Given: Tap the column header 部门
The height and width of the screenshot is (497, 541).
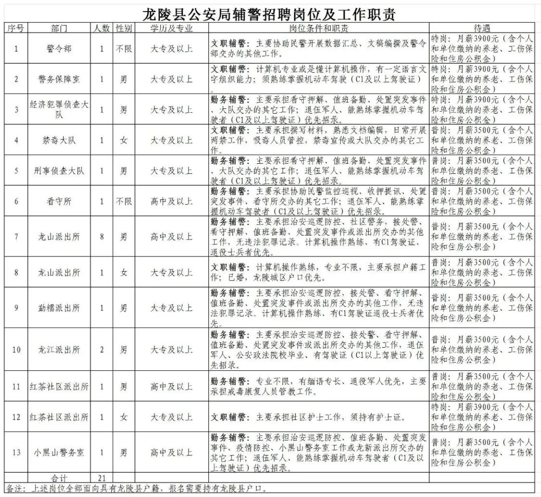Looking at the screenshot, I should (x=59, y=29).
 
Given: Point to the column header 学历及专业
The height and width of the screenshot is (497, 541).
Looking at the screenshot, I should (x=171, y=29).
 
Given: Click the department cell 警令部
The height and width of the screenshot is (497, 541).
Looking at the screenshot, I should (x=59, y=49).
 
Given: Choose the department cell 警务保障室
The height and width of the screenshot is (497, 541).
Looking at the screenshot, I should (x=59, y=79).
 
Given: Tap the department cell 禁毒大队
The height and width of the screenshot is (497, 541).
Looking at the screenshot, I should (x=59, y=140).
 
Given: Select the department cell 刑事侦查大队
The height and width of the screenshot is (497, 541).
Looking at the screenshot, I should (x=59, y=170).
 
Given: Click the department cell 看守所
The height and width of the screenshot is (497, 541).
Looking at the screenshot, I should (x=59, y=201).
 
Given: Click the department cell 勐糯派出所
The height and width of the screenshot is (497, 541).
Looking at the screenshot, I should (x=59, y=307).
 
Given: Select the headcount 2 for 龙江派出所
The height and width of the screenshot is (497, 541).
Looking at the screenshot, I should (x=102, y=349).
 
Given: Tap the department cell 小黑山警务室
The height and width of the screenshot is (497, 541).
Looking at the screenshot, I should (x=59, y=452).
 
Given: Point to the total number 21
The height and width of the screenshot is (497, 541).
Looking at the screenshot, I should (x=102, y=477).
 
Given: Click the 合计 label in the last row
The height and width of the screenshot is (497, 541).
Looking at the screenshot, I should (x=59, y=477).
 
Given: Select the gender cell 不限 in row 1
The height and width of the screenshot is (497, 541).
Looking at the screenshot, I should (x=124, y=49).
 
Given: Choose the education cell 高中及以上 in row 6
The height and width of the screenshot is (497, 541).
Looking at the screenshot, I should (x=171, y=201).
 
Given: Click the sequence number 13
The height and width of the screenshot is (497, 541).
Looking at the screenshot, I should (x=17, y=452).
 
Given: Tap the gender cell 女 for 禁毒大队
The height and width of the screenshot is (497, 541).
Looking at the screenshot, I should (x=124, y=140).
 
